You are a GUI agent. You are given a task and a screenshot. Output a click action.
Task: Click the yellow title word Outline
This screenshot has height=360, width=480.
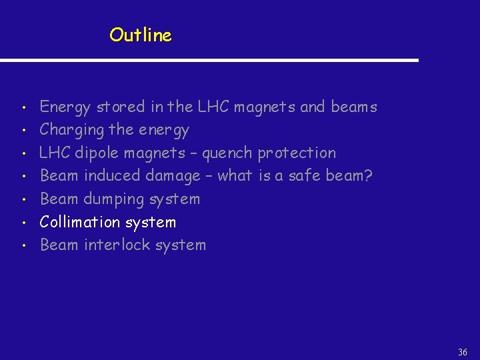point(141,35)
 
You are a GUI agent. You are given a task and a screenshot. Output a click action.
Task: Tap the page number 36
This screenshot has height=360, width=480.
point(463,352)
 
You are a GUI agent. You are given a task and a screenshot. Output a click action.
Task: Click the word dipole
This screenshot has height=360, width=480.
point(98,153)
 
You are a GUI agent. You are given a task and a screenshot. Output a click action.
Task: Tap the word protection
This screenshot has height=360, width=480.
point(297,153)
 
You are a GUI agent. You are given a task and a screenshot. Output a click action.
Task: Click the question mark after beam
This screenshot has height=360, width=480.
point(368,176)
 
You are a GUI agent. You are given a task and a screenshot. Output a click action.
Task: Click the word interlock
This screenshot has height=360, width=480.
point(117,245)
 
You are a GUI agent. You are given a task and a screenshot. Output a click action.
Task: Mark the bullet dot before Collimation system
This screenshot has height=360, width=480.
point(23,223)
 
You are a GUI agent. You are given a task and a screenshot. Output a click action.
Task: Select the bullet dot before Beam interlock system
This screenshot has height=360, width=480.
point(23,246)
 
